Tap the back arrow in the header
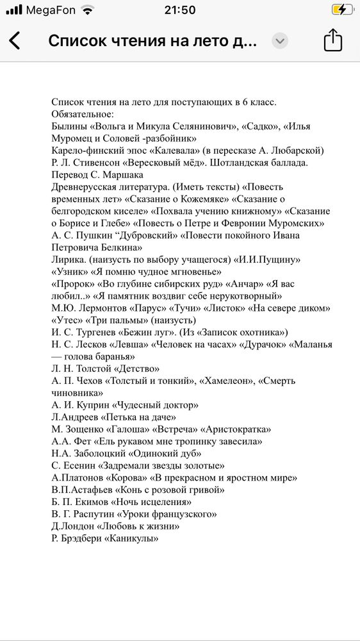point(15,41)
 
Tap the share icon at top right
point(333,40)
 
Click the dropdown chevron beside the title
point(280,41)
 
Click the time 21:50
point(180,10)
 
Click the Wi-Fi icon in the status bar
point(88,10)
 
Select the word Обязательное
point(82,114)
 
